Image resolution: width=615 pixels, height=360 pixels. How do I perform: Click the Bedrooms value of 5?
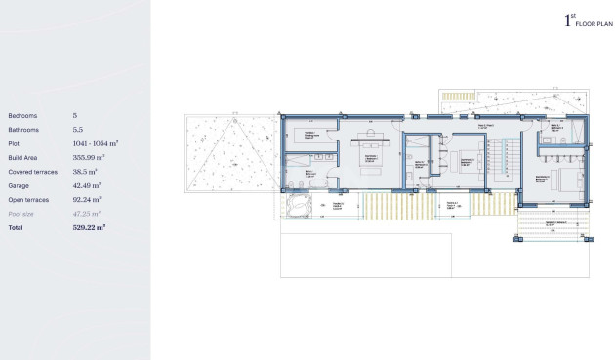point(75,115)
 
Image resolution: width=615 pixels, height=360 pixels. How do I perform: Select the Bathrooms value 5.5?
point(79,129)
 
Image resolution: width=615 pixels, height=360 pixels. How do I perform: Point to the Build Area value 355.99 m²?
point(89,157)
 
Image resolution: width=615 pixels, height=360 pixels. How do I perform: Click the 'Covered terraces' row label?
point(33,171)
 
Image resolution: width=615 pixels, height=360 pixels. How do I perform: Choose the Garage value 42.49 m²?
point(89,185)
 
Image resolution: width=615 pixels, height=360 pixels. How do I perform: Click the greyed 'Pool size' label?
point(21,213)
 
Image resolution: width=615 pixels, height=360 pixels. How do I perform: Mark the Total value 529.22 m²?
point(89,227)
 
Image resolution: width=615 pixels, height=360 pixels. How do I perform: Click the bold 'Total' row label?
point(15,227)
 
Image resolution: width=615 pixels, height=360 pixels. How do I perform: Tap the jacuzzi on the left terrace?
point(298,206)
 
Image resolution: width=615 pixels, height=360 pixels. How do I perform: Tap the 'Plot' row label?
point(14,143)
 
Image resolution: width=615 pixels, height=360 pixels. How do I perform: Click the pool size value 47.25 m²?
point(88,213)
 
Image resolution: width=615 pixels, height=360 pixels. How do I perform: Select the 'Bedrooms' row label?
point(23,115)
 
